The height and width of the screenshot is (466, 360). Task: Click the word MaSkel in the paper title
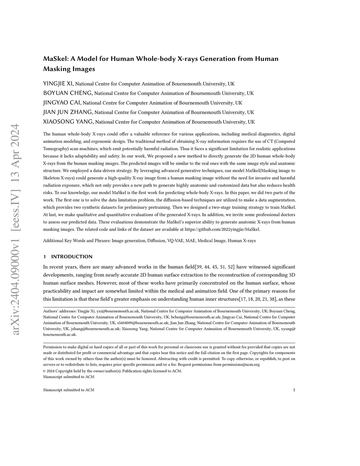pos(55,59)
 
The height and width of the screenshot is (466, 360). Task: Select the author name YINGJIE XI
pos(58,84)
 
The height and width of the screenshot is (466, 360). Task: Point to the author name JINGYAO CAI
pos(62,103)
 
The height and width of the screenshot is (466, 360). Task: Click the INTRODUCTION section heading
pos(72,257)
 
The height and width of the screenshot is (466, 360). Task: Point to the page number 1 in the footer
pos(294,390)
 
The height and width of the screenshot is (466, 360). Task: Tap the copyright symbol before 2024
pos(44,371)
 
